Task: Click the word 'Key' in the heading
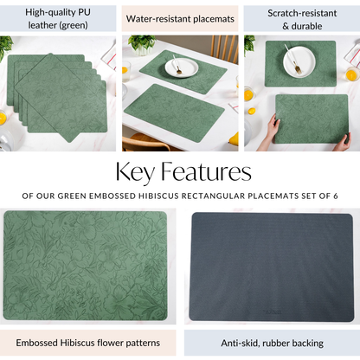click(135, 172)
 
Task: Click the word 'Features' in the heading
click(206, 171)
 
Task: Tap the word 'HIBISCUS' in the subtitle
click(158, 196)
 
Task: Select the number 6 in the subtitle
click(336, 196)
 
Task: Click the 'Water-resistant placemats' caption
click(180, 19)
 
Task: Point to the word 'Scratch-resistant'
click(302, 13)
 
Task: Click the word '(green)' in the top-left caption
click(74, 25)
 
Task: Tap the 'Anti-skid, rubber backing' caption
click(272, 343)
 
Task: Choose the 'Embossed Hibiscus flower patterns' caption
click(87, 343)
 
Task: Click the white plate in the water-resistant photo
click(182, 67)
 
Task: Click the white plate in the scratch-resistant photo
click(299, 61)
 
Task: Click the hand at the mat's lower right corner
click(343, 142)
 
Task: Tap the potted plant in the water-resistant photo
click(142, 45)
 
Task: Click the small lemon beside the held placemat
click(252, 111)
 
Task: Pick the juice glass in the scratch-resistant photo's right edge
click(351, 74)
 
